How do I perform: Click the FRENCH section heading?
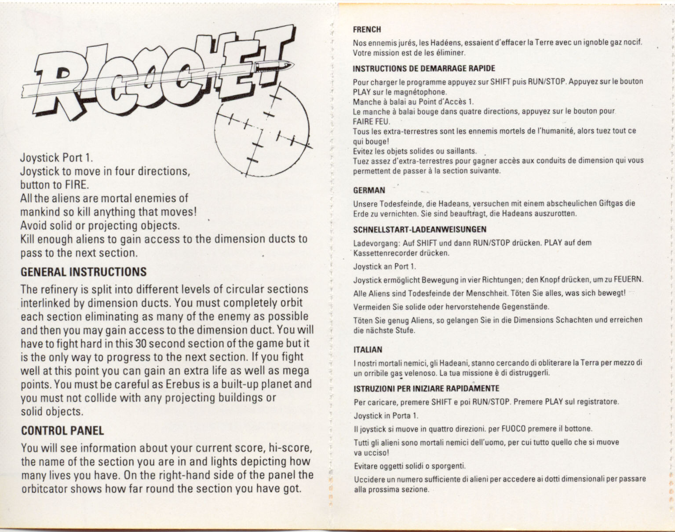tap(367, 30)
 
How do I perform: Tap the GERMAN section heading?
tap(369, 191)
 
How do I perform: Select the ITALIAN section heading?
tap(368, 350)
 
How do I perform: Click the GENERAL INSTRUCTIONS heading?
tap(84, 272)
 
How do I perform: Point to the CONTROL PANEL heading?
tap(62, 431)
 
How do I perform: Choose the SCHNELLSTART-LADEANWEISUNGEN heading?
tap(420, 229)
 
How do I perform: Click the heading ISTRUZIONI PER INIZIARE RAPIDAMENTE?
tap(426, 389)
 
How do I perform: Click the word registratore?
tap(598, 402)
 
